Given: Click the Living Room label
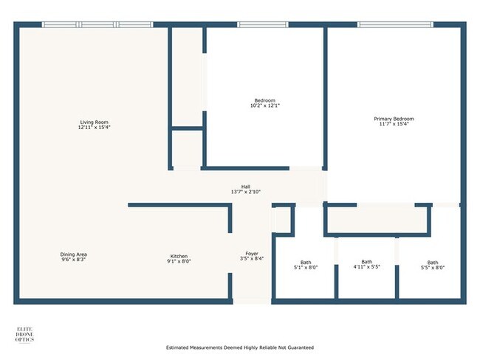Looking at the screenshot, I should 95,122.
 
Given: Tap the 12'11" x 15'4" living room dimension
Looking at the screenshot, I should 95,128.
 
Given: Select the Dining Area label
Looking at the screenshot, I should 74,255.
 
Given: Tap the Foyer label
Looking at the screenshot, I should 252,253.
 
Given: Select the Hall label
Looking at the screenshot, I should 245,187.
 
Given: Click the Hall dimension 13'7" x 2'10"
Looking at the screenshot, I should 245,193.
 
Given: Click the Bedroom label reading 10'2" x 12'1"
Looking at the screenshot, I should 264,100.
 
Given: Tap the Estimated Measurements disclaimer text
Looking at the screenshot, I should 239,347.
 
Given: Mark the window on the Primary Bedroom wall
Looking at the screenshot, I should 396,25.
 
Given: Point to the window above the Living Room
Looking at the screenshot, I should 97,25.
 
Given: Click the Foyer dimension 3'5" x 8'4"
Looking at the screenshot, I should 252,259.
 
